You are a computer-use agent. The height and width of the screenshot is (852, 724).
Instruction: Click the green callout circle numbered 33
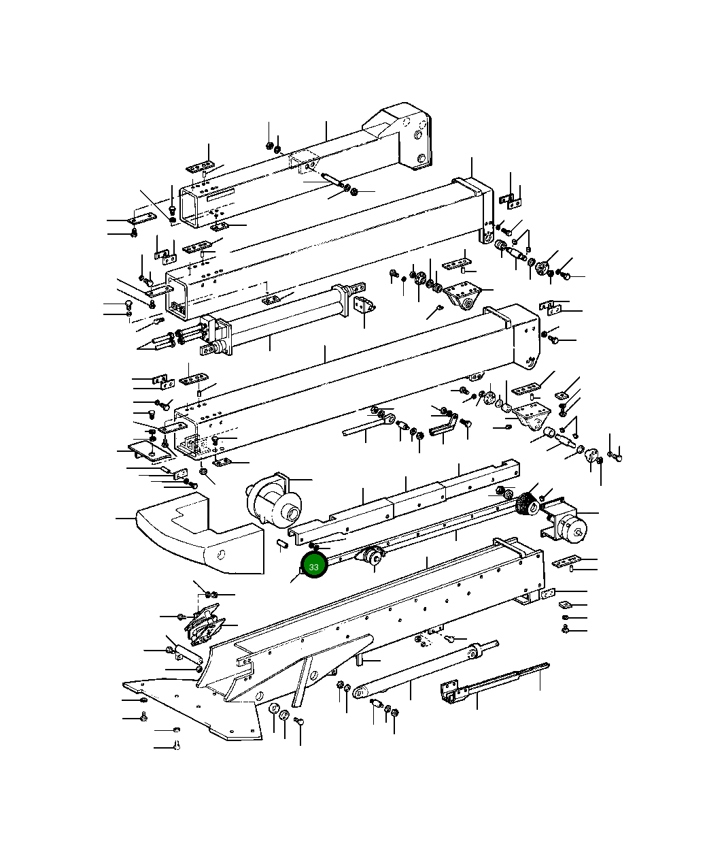click(313, 566)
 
